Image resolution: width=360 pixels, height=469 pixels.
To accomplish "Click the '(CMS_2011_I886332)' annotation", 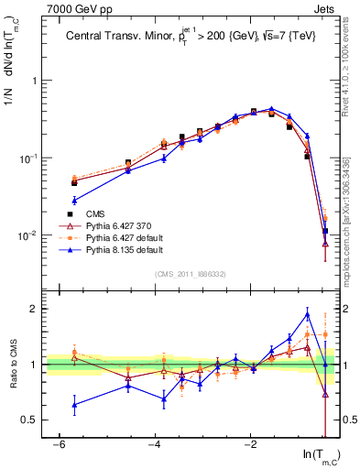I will click(191, 275).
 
